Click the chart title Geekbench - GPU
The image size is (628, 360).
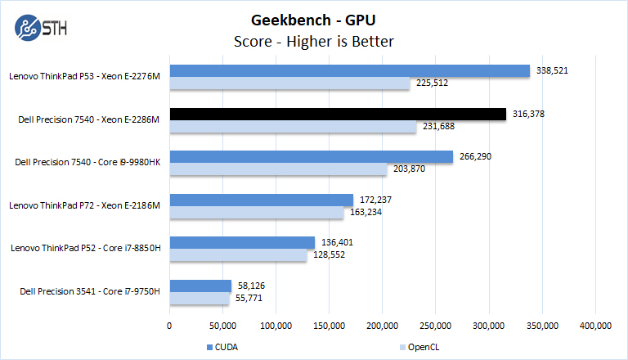314,19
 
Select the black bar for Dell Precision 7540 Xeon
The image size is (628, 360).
338,114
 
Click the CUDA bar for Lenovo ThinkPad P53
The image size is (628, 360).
350,71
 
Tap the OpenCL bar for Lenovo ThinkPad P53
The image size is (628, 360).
289,83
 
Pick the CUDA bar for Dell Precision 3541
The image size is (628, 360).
200,286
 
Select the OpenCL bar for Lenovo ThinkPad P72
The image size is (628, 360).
256,212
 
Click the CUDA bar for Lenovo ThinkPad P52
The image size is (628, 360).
242,243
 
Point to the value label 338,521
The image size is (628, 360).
552,71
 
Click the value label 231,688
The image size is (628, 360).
439,126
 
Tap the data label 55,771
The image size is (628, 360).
249,298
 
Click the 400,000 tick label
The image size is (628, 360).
595,326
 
